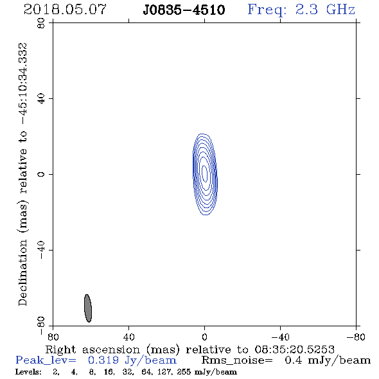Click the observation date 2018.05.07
[65, 10]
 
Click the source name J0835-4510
[184, 10]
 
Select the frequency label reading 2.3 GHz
[325, 10]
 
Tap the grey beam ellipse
[88, 308]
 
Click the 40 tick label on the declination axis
[41, 99]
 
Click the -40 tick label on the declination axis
[41, 250]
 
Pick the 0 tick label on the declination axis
[41, 174]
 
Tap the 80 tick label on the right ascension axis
[53, 337]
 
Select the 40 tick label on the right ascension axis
[128, 337]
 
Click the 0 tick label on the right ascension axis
[204, 337]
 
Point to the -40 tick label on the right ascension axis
[280, 337]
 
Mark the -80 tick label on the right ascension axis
[356, 337]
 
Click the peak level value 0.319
[103, 360]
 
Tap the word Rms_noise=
[237, 360]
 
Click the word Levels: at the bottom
[28, 372]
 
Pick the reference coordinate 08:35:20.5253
[294, 349]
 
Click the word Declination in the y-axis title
[22, 272]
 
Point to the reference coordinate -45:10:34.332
[23, 84]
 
